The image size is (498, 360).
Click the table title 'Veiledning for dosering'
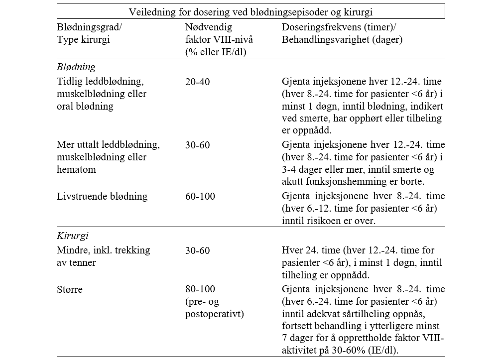(250, 12)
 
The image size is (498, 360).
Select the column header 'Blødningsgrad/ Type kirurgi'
(90, 32)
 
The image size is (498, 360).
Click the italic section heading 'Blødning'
(76, 67)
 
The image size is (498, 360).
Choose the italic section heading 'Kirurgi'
(73, 236)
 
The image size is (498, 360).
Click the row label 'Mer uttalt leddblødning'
(108, 145)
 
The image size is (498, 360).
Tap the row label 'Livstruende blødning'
(102, 196)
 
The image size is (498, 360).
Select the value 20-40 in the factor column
(197, 81)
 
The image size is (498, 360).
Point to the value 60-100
(200, 196)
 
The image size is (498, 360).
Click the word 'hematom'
(76, 169)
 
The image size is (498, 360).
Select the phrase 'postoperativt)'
(214, 314)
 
